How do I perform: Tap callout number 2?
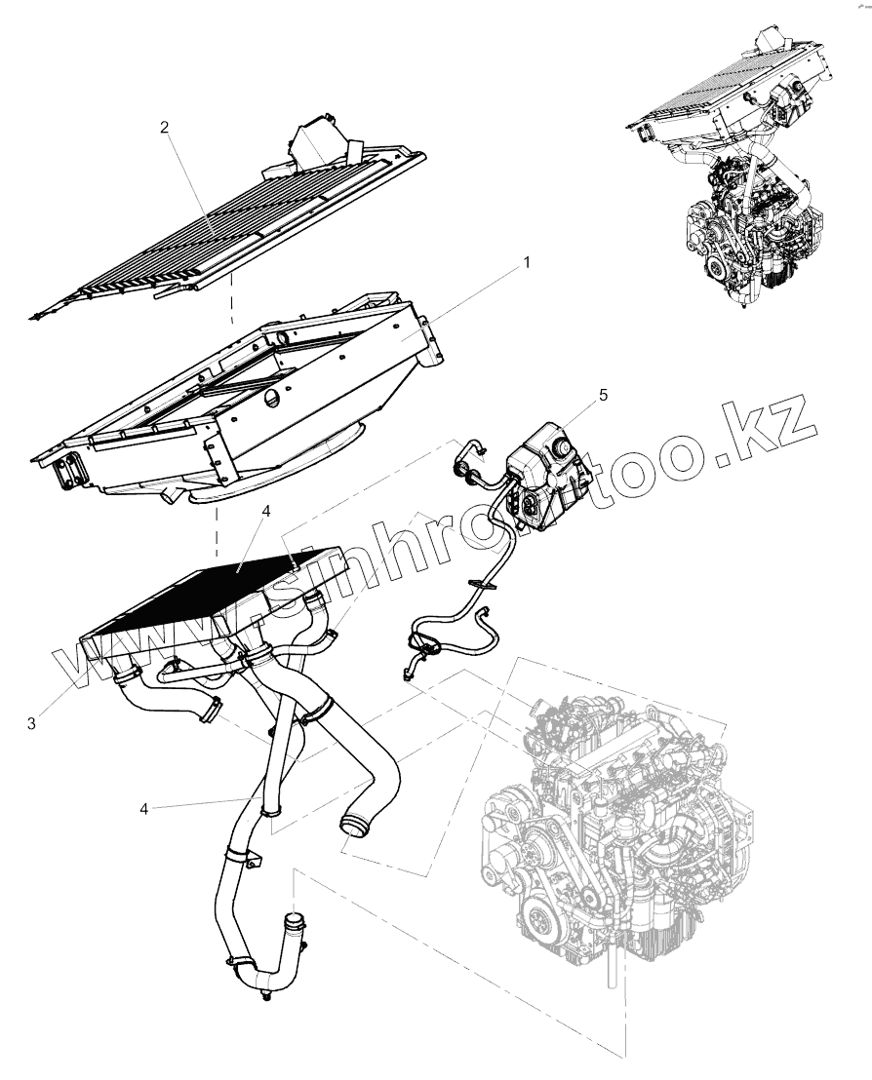point(165,128)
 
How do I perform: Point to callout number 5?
point(603,395)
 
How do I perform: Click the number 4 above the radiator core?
point(266,510)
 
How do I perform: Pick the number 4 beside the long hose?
point(144,808)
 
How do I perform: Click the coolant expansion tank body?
point(546,468)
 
